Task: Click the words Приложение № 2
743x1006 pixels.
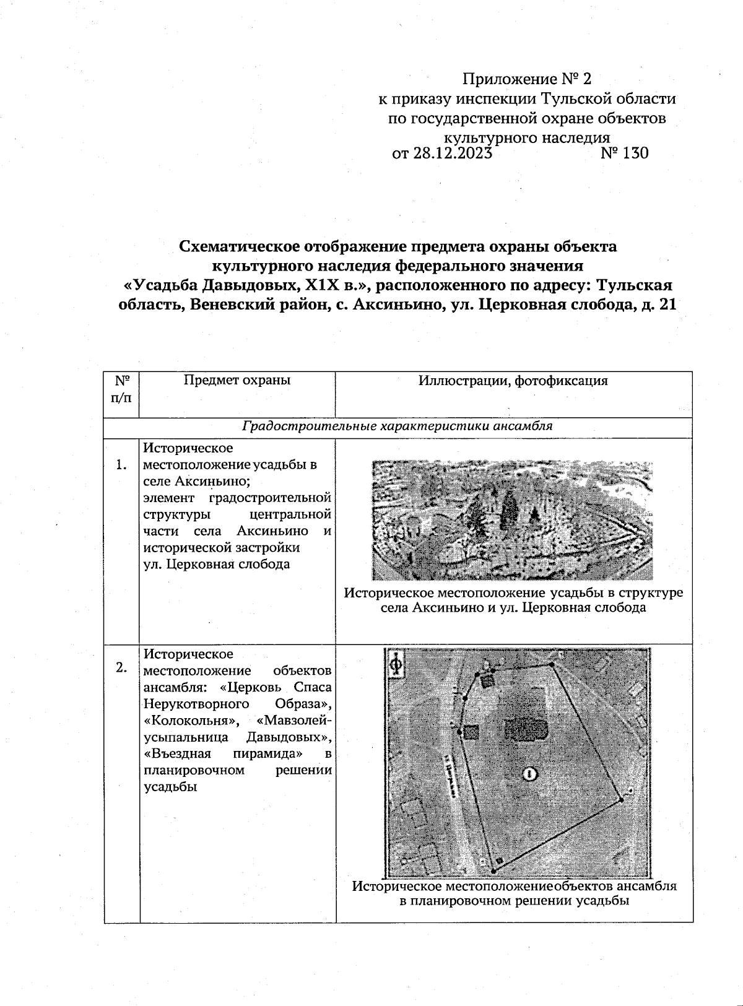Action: coord(527,79)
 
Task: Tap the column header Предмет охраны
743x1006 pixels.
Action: coord(237,380)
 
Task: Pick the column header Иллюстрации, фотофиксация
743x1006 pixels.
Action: coord(513,381)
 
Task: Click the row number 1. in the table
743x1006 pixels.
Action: coord(122,466)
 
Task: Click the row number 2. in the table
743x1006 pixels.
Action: coord(122,667)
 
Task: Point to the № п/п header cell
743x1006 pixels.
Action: coord(122,388)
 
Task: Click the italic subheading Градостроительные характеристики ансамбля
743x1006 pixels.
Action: coord(397,426)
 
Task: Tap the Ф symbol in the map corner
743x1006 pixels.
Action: coord(395,666)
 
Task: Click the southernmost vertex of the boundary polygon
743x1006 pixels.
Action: coord(493,871)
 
